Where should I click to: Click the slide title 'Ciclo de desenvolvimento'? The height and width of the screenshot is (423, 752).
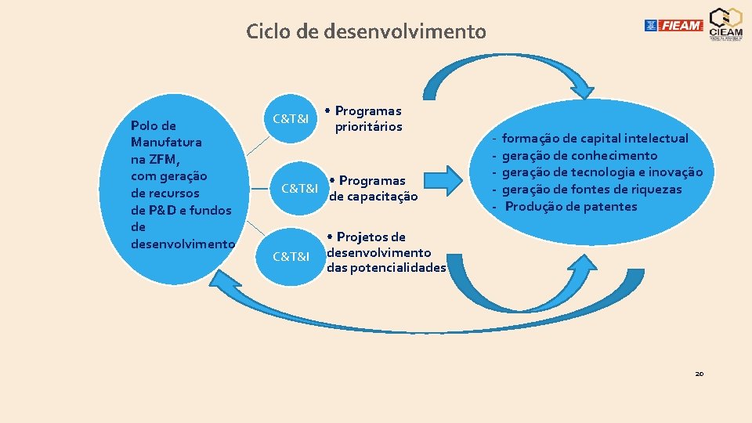coord(366,32)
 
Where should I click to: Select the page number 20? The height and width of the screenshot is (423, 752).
coord(699,374)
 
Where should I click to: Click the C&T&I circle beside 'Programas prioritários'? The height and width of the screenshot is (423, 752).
coord(290,118)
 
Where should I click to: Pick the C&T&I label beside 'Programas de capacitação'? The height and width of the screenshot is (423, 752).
coord(299,189)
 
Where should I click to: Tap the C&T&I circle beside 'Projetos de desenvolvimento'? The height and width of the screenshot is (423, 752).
coord(290,256)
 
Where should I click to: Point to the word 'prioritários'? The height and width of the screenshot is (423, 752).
coord(368,127)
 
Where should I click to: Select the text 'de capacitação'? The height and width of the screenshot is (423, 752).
coord(374,197)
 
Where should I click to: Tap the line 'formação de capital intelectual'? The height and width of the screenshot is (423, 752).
coord(595,139)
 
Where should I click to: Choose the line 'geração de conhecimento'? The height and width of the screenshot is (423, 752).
coord(579,156)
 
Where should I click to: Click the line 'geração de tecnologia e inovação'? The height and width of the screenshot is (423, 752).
coord(602,172)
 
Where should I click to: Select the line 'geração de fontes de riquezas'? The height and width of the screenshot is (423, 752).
coord(591,190)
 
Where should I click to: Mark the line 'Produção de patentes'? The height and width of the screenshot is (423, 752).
coord(571,207)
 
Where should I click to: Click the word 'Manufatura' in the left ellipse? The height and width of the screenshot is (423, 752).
coord(167,143)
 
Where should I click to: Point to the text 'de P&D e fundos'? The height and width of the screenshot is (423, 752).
coord(181,210)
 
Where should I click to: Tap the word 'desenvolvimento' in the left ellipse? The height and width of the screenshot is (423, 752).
coord(183,244)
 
